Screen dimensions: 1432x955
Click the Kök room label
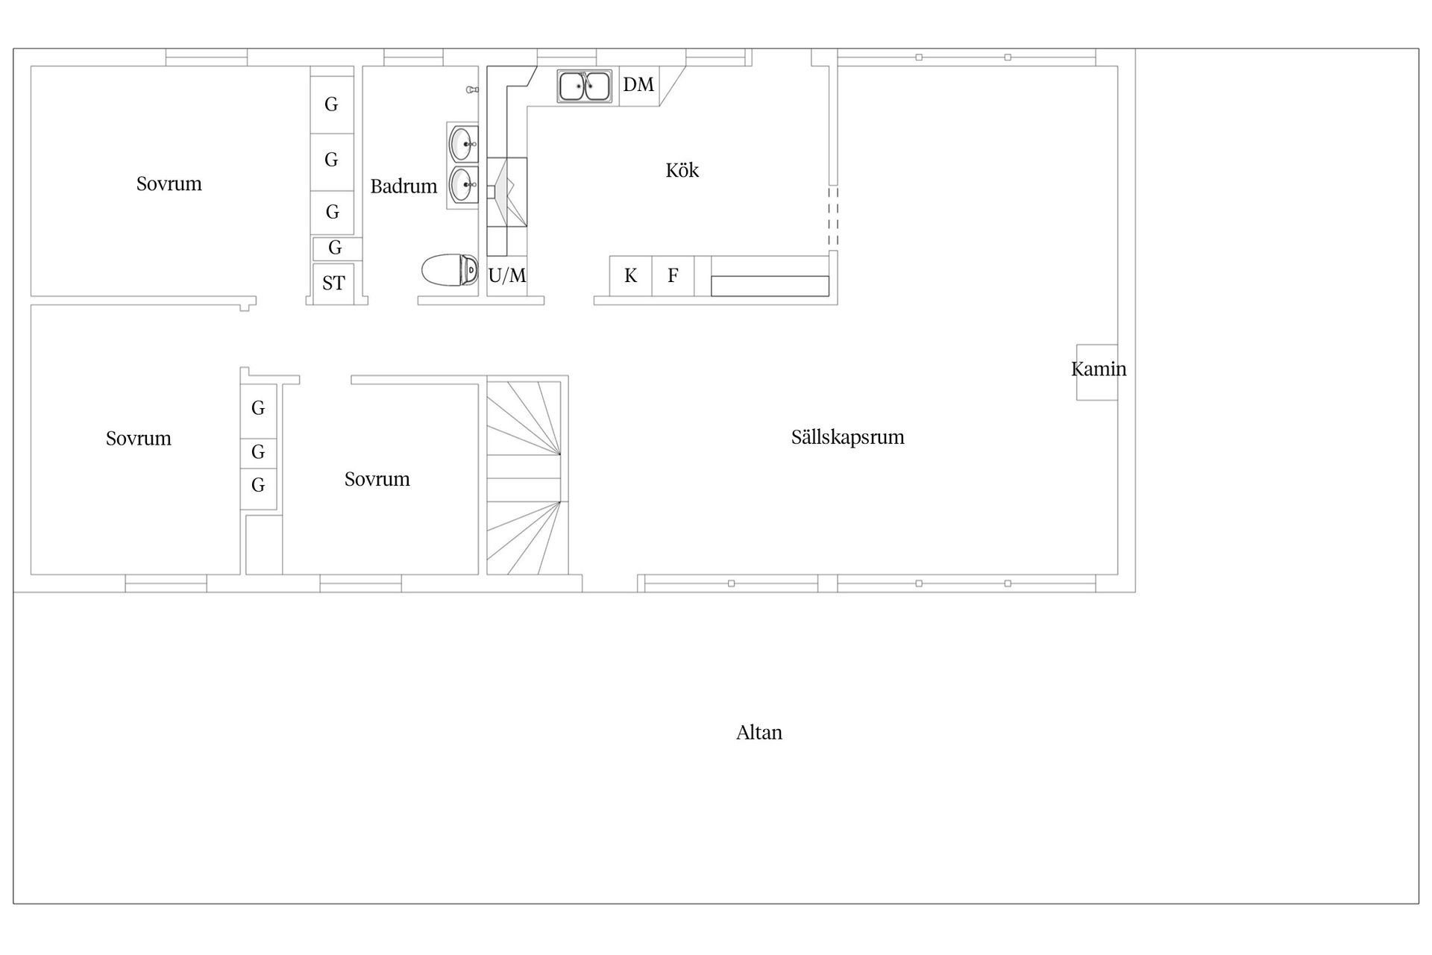pos(682,170)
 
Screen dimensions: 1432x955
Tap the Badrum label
pos(403,186)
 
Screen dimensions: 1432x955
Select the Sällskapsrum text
pos(847,436)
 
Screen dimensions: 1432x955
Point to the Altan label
pos(759,732)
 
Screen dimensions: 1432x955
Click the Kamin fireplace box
pos(1096,372)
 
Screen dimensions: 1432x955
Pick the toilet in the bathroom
pos(450,270)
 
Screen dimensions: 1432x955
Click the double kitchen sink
pos(585,86)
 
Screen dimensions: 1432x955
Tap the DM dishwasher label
pos(638,84)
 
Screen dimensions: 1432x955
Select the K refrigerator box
pos(631,276)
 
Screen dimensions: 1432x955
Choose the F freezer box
pos(673,276)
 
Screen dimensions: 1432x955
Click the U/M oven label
pos(507,275)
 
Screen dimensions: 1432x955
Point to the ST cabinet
pos(333,283)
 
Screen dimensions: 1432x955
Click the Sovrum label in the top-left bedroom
pos(169,184)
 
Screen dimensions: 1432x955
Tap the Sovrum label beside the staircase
pos(377,479)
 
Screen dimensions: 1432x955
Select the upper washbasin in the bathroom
pos(463,143)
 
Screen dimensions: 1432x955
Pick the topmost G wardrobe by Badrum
pos(332,104)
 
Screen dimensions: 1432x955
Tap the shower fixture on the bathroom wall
pos(472,90)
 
